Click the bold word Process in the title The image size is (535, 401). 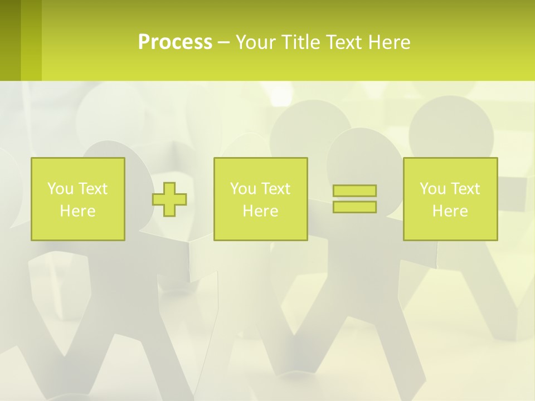[175, 42]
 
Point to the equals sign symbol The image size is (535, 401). [354, 199]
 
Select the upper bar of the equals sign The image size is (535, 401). [354, 190]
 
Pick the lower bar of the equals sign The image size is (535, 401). [354, 207]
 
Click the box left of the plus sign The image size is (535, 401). [78, 199]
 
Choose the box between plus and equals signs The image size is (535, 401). [260, 199]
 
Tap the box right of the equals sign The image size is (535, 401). [450, 199]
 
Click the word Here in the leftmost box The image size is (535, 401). [78, 211]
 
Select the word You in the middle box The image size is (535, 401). [242, 189]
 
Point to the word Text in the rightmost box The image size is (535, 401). [466, 189]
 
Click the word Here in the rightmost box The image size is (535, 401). [450, 211]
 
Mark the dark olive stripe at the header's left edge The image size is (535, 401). [11, 40]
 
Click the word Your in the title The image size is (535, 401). [258, 42]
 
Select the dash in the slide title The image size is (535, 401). [224, 42]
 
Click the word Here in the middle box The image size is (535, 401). [260, 211]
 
